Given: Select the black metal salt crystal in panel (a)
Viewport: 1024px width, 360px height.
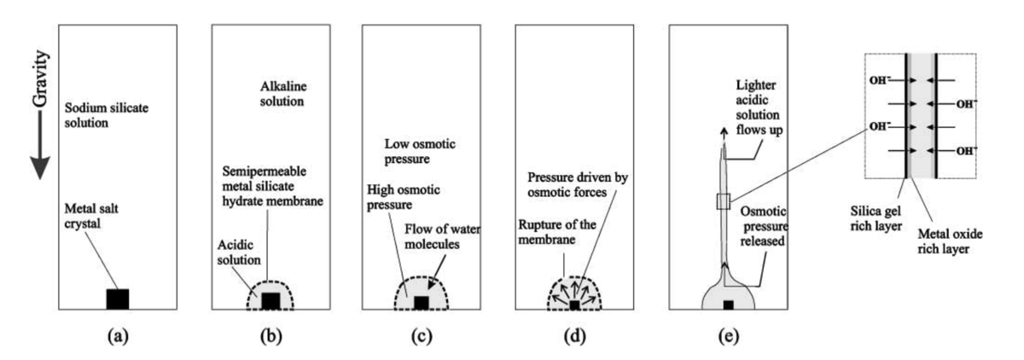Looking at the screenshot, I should (117, 299).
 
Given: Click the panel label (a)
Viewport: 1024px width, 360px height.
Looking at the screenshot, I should (117, 335).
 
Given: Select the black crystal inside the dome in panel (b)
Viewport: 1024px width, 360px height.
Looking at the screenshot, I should (271, 300).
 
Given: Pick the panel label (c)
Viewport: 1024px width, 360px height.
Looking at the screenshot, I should (422, 335).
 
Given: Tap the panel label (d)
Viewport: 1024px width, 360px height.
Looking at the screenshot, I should (574, 335).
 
